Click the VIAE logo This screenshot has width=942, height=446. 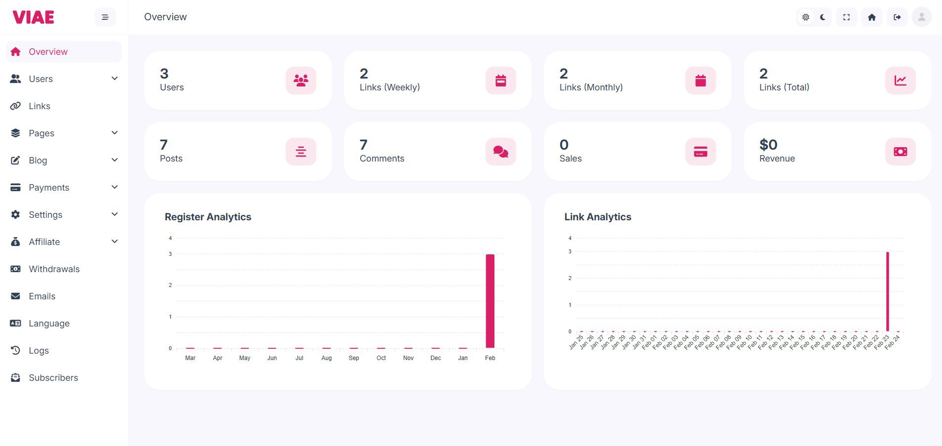(x=33, y=17)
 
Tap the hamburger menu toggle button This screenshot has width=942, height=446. (x=105, y=17)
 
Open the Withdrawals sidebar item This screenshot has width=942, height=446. (x=54, y=269)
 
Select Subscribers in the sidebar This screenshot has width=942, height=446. (x=53, y=378)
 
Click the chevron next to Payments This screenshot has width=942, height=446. (x=114, y=187)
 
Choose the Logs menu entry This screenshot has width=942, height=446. (x=38, y=351)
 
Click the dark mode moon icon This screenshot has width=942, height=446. (x=823, y=17)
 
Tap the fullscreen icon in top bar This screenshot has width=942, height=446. (x=846, y=17)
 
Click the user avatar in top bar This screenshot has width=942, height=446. (x=921, y=17)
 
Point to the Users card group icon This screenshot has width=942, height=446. (x=301, y=81)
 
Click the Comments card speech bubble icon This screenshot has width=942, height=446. (x=500, y=152)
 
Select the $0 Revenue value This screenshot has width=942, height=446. (x=768, y=145)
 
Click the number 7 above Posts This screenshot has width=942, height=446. (x=164, y=145)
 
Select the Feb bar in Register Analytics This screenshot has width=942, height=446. (x=490, y=301)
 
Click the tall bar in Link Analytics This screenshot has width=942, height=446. (x=887, y=291)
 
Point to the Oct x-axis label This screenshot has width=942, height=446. (x=381, y=358)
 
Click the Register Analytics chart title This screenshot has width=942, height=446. (x=208, y=217)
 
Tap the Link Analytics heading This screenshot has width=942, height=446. (x=598, y=217)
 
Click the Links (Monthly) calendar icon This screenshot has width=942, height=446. (x=700, y=81)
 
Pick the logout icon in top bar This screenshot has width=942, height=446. (x=897, y=17)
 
